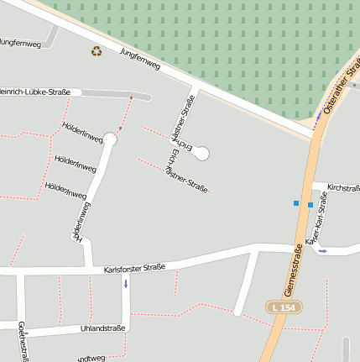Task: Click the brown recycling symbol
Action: pyautogui.click(x=97, y=51)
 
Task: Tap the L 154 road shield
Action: pyautogui.click(x=284, y=308)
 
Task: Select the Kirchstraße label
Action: pyautogui.click(x=342, y=187)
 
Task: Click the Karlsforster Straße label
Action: pyautogui.click(x=134, y=269)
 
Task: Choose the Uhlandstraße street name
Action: pyautogui.click(x=103, y=328)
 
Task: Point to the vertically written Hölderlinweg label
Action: pyautogui.click(x=81, y=221)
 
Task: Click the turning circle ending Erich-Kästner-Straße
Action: pyautogui.click(x=201, y=153)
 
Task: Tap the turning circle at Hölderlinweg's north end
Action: pyautogui.click(x=110, y=139)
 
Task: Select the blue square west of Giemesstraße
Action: pyautogui.click(x=295, y=203)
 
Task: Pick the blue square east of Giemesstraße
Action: pyautogui.click(x=310, y=205)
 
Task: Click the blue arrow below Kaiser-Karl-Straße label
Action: pyautogui.click(x=323, y=250)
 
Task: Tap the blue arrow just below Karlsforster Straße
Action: pyautogui.click(x=126, y=283)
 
